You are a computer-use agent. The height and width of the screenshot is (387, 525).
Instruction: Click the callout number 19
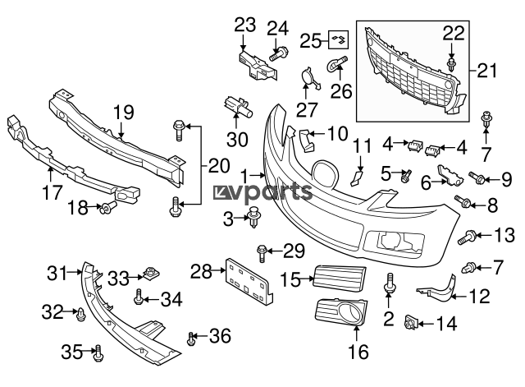123,112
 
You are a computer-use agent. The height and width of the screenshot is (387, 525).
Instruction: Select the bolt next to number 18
106,210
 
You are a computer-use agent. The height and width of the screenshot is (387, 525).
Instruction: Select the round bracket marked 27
308,79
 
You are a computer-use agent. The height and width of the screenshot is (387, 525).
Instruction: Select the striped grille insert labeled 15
338,277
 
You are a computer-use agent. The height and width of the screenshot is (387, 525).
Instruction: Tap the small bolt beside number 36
192,337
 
